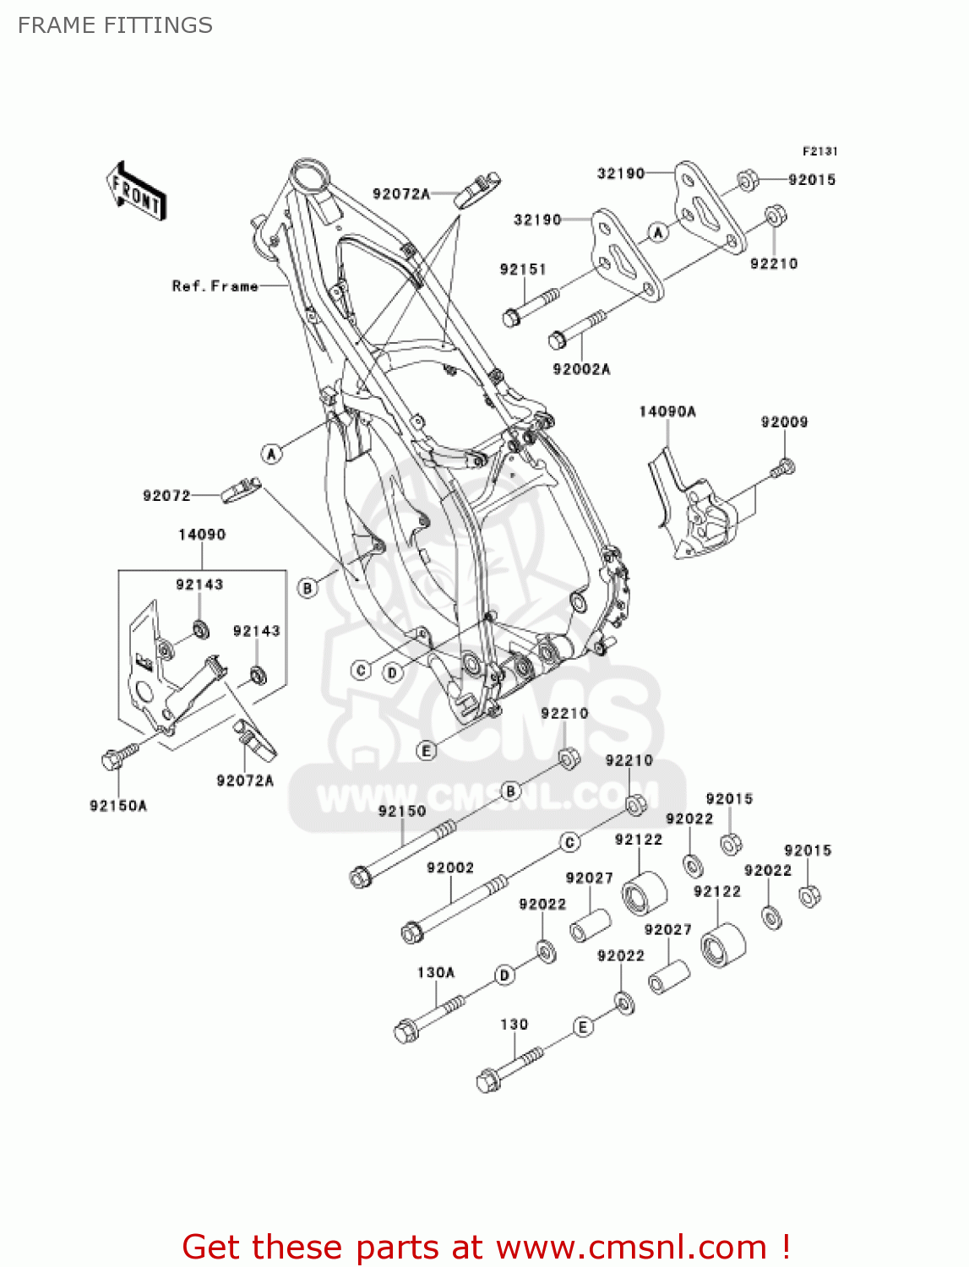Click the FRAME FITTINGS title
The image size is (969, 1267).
(x=115, y=25)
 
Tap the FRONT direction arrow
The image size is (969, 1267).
(x=136, y=192)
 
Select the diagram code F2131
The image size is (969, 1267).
(x=819, y=151)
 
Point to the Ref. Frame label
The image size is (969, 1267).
(x=215, y=286)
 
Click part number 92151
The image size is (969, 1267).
(x=523, y=269)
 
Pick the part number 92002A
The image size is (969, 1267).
(x=581, y=369)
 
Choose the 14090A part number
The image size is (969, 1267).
(x=667, y=411)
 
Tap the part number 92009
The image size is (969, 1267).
(x=784, y=421)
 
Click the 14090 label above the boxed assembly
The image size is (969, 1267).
(x=202, y=535)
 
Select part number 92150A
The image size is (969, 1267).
(x=118, y=806)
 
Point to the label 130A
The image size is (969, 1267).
(x=436, y=972)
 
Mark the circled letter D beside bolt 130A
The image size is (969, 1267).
(x=504, y=976)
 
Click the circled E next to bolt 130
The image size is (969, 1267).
(x=582, y=1027)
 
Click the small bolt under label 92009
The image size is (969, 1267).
(x=784, y=467)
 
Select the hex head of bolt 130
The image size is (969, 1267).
(x=487, y=1082)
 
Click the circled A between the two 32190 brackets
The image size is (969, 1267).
(x=658, y=232)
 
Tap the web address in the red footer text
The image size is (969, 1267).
(x=630, y=1248)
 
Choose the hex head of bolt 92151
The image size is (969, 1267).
(x=511, y=318)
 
